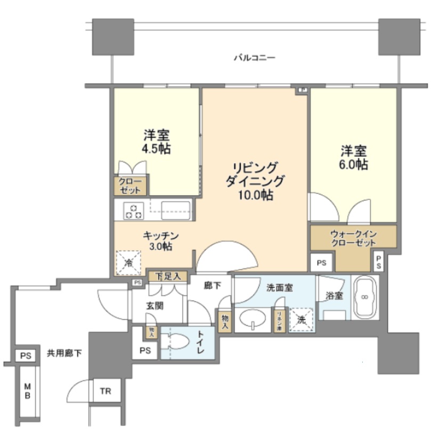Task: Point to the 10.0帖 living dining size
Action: (255, 195)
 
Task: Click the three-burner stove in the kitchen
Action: (133, 211)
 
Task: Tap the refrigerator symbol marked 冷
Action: (128, 262)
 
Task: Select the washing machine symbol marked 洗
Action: (301, 320)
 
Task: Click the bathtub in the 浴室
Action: (365, 296)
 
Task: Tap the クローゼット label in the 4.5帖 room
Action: (130, 186)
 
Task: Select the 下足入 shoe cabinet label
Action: (167, 276)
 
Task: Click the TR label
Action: (107, 392)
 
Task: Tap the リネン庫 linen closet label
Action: (279, 321)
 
